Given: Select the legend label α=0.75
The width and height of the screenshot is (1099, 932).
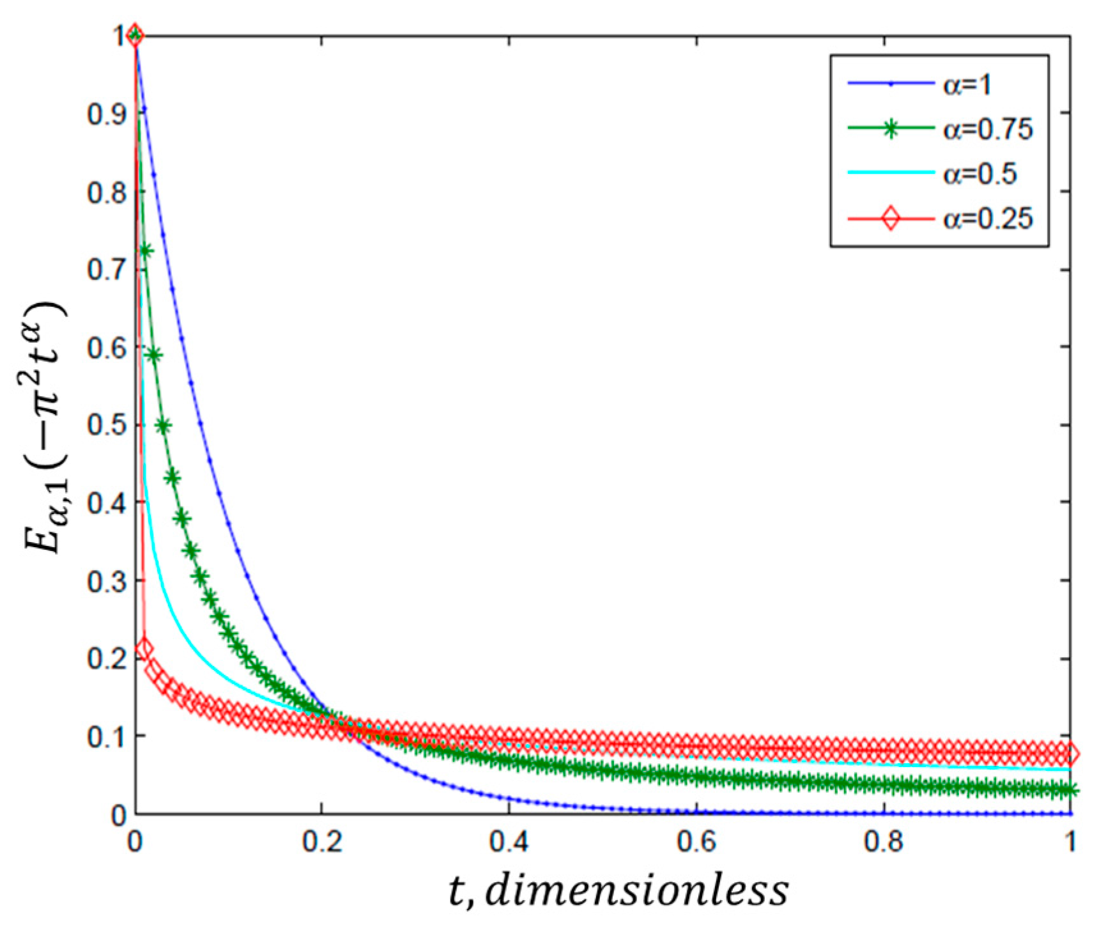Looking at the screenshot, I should [x=987, y=129].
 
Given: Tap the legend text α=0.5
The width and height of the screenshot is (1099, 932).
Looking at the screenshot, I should [x=980, y=174].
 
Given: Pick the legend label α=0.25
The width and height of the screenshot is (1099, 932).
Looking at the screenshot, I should [x=987, y=219].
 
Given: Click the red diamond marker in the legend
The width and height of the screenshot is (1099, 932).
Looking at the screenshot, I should [x=890, y=219].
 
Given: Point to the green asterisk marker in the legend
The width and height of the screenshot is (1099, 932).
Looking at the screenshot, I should [x=890, y=128].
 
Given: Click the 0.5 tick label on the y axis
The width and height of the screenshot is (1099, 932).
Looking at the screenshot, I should [x=107, y=425].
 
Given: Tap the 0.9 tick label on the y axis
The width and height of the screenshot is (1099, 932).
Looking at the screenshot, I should [x=107, y=114].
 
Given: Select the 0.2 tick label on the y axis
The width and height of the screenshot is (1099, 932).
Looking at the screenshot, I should [x=107, y=658].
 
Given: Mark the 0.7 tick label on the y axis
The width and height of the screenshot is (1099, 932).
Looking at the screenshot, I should [x=107, y=269].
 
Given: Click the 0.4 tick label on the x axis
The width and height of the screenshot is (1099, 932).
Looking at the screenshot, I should [x=509, y=842].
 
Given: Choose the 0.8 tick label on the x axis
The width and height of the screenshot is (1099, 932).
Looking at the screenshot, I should [x=884, y=842].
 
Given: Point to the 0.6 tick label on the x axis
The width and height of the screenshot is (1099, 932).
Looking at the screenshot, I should [x=696, y=842].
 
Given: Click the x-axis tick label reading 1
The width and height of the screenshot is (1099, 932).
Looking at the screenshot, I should [x=1070, y=842].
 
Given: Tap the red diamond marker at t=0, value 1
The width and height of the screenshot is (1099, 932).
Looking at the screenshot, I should [x=134, y=36].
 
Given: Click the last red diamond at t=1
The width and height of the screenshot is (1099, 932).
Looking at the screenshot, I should [x=1070, y=754].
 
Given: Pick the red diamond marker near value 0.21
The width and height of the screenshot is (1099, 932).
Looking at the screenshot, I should [x=144, y=649].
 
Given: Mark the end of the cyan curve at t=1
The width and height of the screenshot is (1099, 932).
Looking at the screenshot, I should [x=1069, y=770].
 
